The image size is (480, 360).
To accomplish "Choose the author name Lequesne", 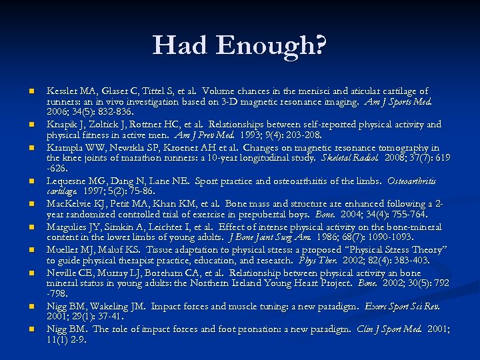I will tap(69, 181).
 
